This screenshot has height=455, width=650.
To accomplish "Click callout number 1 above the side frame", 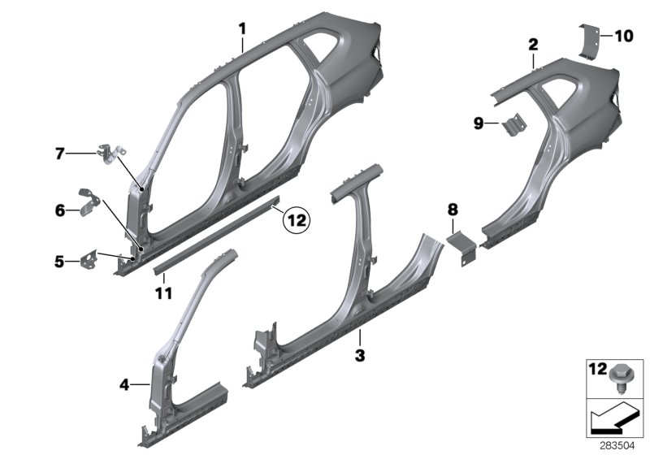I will pos(242,29).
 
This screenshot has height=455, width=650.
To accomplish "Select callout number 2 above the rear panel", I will pos(532,42).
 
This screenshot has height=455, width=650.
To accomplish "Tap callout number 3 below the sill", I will pos(360,354).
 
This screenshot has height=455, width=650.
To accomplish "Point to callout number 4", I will pos(125,383).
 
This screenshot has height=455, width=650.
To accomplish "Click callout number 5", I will pos(59,262).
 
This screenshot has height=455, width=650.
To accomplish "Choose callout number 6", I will pos(59,210).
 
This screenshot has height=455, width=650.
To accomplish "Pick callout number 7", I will pos(59,153).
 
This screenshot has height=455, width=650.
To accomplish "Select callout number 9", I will pos(479,123).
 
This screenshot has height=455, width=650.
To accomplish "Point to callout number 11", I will pos(164,291).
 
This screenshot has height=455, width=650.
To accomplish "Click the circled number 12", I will pos(297,219).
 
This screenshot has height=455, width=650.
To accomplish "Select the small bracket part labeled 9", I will pos(512,125).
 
